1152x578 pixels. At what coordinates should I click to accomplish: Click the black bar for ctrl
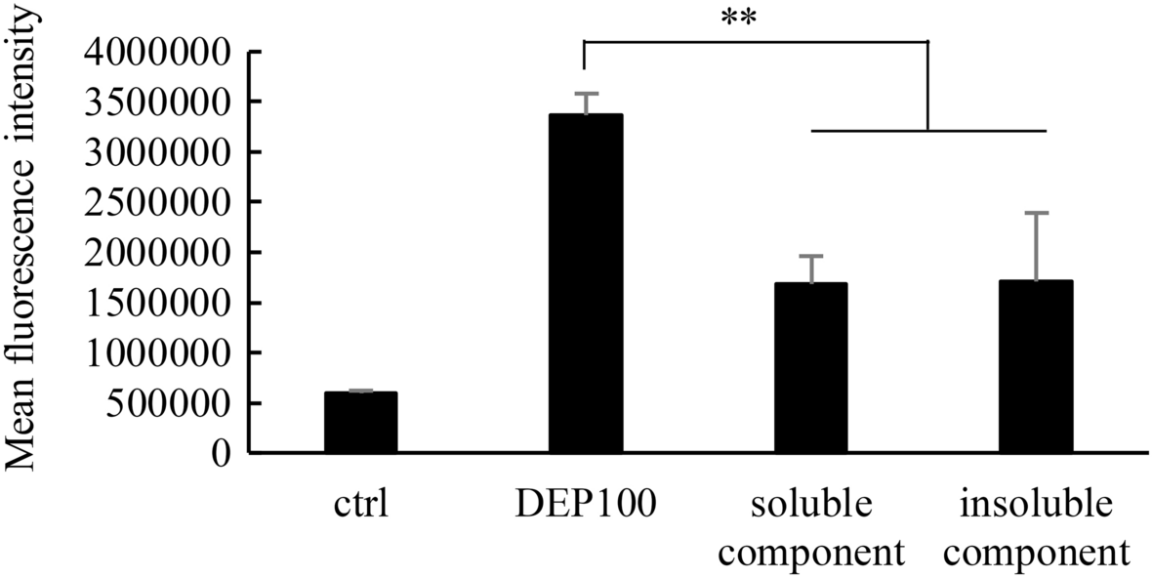tap(360, 423)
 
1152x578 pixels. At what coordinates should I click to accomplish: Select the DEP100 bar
tap(585, 283)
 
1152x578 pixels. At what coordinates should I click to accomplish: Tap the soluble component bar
tap(810, 368)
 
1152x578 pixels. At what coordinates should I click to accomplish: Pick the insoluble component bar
tap(1036, 367)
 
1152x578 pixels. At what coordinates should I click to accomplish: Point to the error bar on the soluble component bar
tap(810, 268)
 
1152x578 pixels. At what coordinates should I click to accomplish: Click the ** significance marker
tap(746, 20)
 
